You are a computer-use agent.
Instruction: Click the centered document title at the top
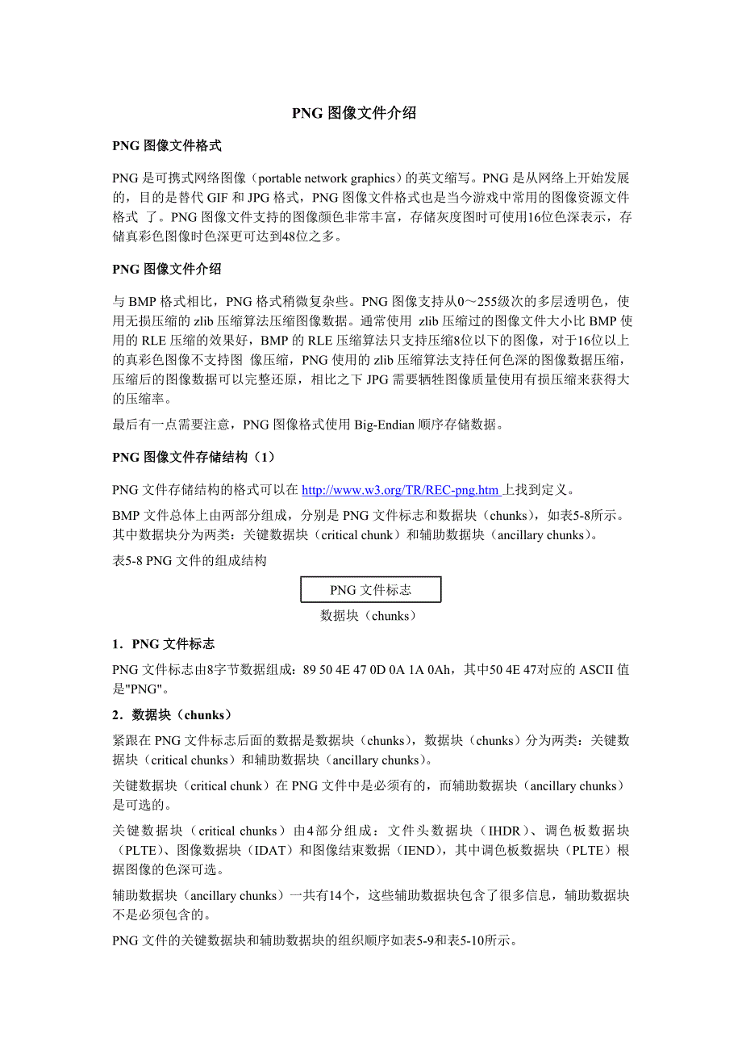[x=354, y=113]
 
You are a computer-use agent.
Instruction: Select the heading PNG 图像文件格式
[x=167, y=146]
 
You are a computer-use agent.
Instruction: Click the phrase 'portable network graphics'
[x=327, y=178]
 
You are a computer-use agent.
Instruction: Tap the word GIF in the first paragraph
[x=218, y=198]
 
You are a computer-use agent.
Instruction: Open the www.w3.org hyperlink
[x=401, y=490]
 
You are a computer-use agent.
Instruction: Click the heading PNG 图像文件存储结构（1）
[x=194, y=458]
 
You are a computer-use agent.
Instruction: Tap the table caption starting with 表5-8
[x=190, y=560]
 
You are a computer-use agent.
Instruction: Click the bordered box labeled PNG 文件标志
[x=371, y=589]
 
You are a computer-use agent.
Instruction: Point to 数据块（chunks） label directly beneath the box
[x=369, y=616]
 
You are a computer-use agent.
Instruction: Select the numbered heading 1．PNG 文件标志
[x=164, y=643]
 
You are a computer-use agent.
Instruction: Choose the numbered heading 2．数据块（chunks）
[x=172, y=714]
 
